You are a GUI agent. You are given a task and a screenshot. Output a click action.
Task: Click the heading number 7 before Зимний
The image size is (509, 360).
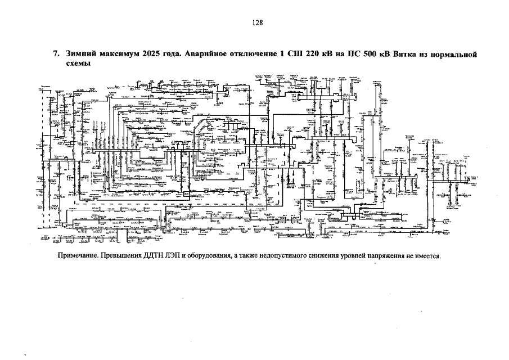tap(56, 55)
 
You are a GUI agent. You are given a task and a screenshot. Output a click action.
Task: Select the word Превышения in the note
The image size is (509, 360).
tap(123, 256)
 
